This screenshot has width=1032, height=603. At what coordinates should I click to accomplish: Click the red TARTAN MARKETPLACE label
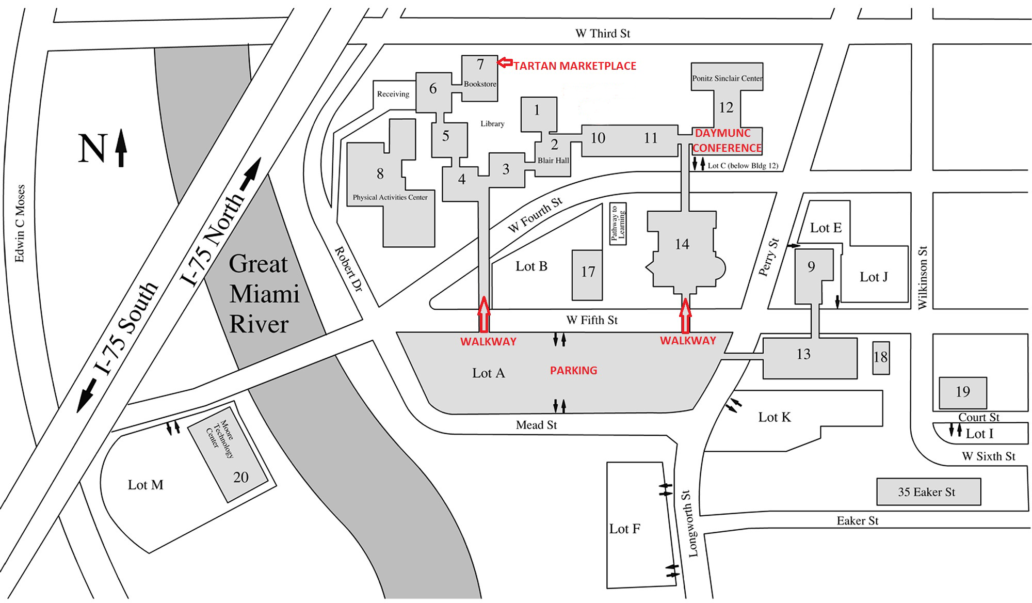(x=574, y=66)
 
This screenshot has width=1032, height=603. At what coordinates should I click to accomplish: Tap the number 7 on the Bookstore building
(x=480, y=64)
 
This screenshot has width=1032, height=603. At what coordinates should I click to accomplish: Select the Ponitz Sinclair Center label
(x=727, y=78)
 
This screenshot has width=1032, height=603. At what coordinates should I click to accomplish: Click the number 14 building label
(x=682, y=244)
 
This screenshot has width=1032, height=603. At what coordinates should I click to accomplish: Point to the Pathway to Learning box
(x=618, y=224)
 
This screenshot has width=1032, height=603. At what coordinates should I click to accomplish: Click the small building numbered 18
(x=880, y=357)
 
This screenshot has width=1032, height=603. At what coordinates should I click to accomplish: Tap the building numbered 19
(x=962, y=392)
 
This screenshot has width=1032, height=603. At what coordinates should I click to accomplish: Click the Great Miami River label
(x=264, y=294)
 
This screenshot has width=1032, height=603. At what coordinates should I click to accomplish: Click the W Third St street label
(x=602, y=34)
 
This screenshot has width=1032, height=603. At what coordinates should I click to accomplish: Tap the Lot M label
(x=146, y=485)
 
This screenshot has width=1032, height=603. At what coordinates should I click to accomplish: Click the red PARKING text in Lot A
(x=573, y=370)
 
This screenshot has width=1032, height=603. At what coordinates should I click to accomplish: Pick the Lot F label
(x=624, y=529)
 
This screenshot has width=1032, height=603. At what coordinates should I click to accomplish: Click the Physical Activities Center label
(x=390, y=197)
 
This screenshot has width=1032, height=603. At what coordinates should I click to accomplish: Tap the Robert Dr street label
(x=349, y=269)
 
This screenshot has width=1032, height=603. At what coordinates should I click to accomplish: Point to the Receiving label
(x=393, y=94)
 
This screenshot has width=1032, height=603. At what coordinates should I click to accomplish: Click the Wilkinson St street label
(x=922, y=277)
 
